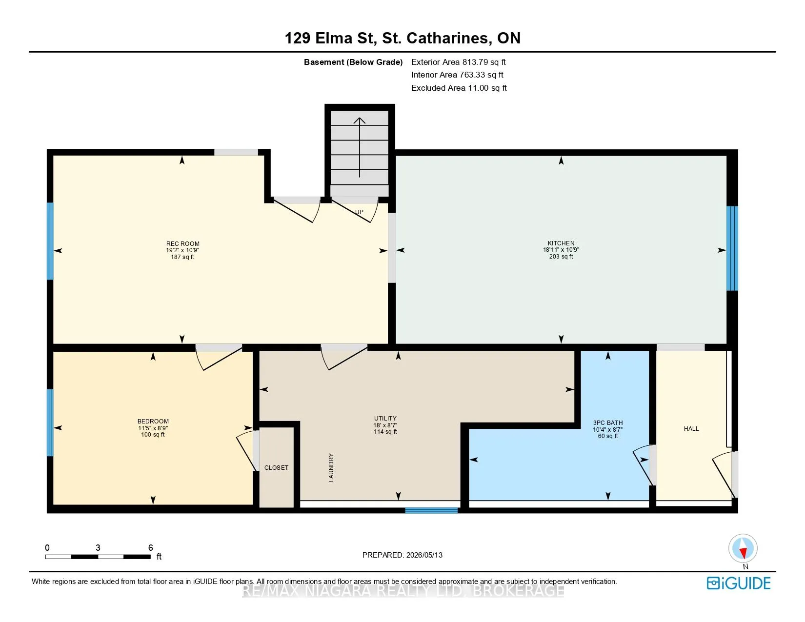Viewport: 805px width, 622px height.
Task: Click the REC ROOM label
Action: coord(182,244)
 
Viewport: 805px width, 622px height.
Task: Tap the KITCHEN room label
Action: coord(561,243)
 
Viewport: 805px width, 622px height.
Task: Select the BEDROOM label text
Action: coord(153,421)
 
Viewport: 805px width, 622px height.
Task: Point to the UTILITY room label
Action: coord(385,418)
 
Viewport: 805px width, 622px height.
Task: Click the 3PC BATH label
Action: coord(608,422)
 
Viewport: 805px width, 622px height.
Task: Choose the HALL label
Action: coord(691,429)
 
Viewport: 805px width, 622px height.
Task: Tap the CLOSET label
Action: coord(276,468)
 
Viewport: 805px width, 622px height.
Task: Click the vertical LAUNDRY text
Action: coord(331,467)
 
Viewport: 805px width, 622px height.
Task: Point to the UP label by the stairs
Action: coord(359,212)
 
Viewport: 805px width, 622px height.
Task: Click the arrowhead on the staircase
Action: coord(360,120)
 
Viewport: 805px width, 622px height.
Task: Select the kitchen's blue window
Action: coord(732,248)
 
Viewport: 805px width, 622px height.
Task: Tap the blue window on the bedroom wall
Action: coord(50,422)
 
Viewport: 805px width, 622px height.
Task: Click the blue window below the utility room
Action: coord(431,510)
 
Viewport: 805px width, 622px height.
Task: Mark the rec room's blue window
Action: coord(50,241)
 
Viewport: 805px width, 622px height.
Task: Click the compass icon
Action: coord(743,548)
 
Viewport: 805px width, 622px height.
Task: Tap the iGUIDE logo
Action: coord(739,583)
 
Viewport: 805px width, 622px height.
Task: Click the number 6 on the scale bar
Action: coord(150,547)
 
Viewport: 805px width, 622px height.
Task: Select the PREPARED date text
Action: coord(402,555)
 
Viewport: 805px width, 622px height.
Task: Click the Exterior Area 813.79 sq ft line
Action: coord(458,62)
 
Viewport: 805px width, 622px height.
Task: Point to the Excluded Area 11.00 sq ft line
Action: coord(459,88)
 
